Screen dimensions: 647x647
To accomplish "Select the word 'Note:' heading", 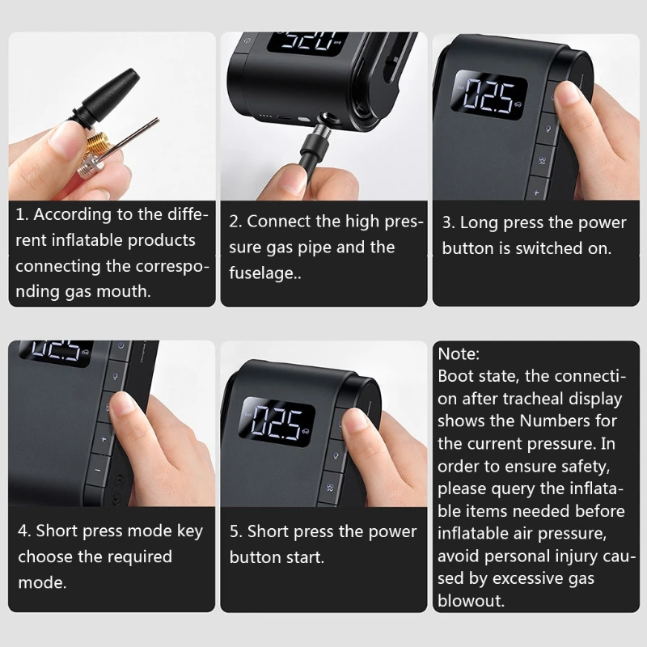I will coord(459,353).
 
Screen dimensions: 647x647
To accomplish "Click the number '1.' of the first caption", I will coord(23,215).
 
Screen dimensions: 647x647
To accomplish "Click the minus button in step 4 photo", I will coord(96,468).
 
